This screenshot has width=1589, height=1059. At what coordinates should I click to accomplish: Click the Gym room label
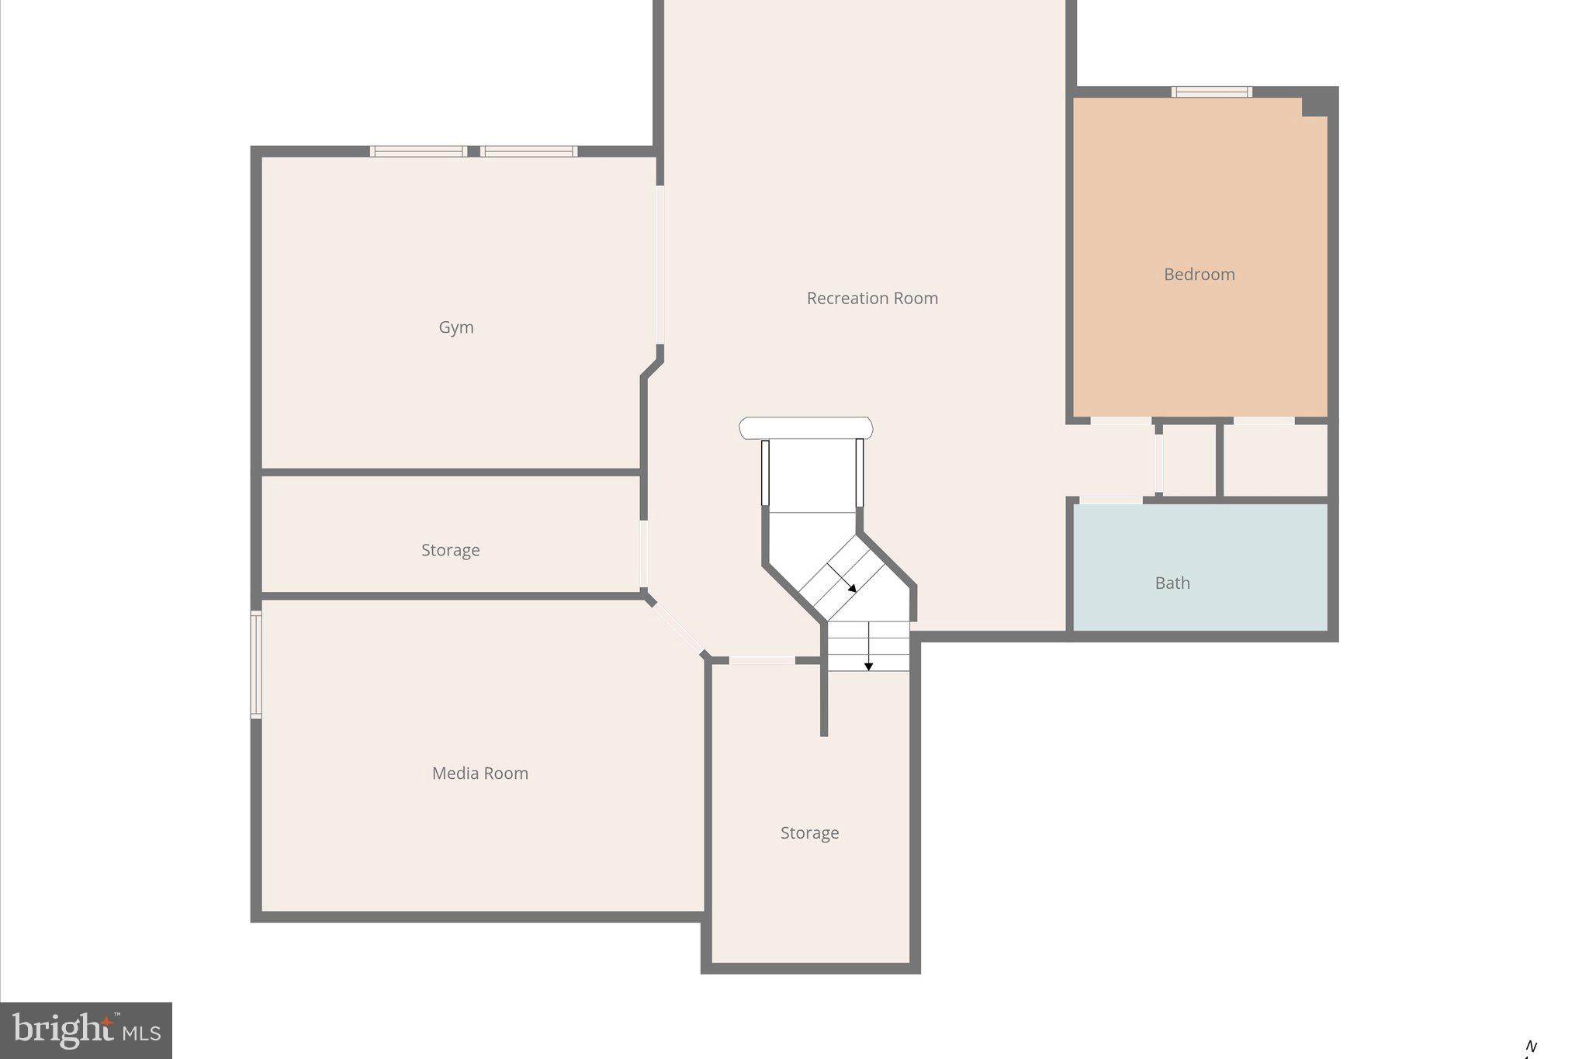(456, 327)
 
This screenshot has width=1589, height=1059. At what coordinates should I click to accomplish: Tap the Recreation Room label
(872, 298)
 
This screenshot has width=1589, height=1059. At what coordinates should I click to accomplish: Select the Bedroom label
(1199, 274)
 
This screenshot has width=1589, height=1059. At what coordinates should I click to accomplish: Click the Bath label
(1172, 583)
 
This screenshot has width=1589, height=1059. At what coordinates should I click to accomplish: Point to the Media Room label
(479, 773)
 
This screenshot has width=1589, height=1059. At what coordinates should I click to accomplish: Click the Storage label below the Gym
(450, 550)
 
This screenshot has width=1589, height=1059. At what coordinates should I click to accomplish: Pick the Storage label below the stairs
(809, 832)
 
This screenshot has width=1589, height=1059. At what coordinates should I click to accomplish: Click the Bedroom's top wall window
(1211, 92)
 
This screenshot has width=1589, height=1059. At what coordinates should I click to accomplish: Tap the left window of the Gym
(418, 151)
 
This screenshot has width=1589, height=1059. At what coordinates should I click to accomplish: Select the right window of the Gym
(528, 151)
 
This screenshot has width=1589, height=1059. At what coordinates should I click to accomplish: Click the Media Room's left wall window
(255, 664)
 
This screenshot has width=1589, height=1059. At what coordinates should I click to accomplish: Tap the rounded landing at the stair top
(805, 428)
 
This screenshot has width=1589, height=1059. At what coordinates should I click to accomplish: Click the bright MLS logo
(86, 1030)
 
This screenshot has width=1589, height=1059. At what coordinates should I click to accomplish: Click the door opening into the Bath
(1110, 500)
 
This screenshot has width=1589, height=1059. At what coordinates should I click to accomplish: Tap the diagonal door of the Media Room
(677, 628)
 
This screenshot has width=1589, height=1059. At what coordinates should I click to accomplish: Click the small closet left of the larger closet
(1189, 460)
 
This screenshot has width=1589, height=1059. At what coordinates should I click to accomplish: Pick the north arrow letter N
(1531, 1047)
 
